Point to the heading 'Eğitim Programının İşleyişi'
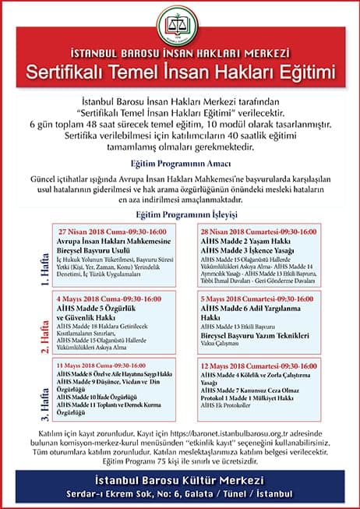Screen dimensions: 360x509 click(180, 214)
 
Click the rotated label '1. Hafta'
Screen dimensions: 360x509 click(23, 256)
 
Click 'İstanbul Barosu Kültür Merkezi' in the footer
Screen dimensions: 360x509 click(179, 478)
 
